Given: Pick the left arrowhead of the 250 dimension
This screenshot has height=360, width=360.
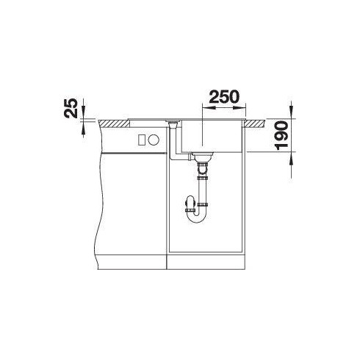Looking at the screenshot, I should pyautogui.click(x=204, y=108).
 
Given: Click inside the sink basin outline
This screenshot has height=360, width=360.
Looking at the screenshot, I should pyautogui.click(x=213, y=136).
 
